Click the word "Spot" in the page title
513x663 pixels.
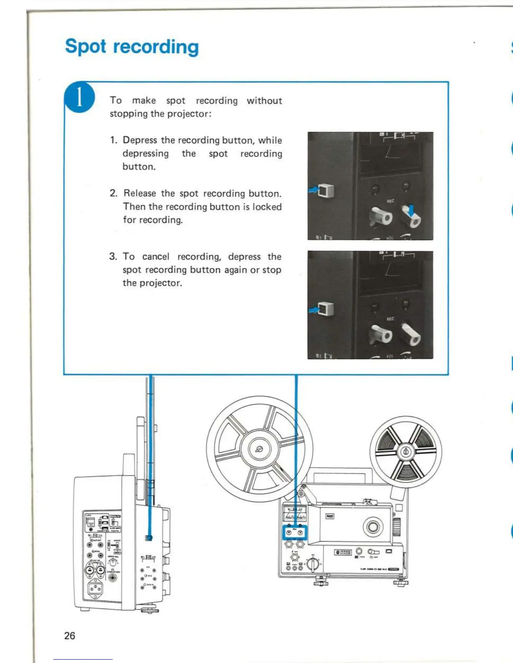(85, 46)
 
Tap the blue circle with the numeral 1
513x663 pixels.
(80, 98)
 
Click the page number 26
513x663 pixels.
(70, 636)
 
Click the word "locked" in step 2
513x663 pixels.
(267, 207)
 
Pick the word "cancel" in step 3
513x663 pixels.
(156, 257)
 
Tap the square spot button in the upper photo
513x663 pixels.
(326, 190)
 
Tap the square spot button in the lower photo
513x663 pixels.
(326, 309)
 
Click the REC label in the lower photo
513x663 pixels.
(390, 319)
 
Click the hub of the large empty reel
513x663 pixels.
(259, 450)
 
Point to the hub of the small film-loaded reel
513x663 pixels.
(405, 452)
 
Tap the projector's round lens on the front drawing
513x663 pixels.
(373, 526)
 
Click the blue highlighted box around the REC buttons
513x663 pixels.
(295, 532)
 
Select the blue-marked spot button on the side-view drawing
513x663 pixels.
(149, 538)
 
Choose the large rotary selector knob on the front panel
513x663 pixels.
(313, 564)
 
